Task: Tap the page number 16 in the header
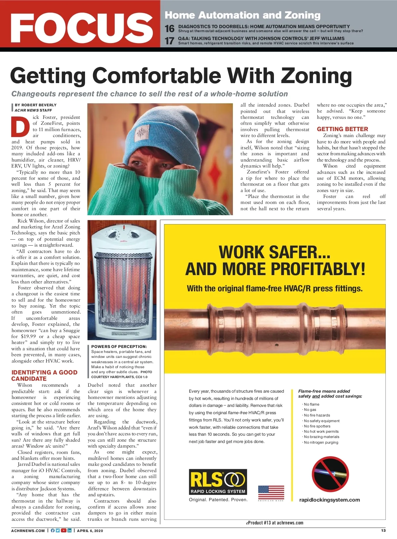point(170,29)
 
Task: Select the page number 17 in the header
point(170,41)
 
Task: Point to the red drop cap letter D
point(21,127)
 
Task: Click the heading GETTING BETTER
point(342,129)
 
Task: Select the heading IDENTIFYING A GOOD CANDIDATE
point(44,375)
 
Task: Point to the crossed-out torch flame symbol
point(330,474)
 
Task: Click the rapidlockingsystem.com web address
point(330,500)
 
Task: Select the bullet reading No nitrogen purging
point(321,442)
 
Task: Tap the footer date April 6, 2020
point(90,531)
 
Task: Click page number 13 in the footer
point(383,530)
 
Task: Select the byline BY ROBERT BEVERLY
point(36,105)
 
